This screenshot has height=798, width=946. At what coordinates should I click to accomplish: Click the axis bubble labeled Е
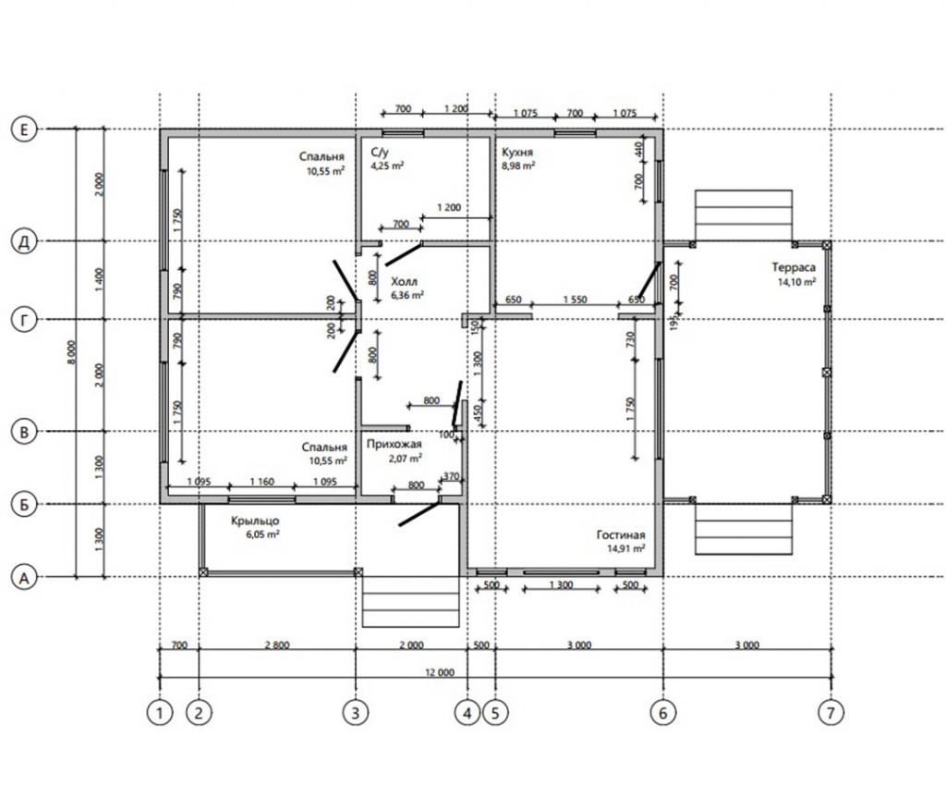[24, 129]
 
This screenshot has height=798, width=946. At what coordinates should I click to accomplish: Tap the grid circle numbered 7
[831, 713]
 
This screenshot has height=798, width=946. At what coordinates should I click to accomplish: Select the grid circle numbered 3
[356, 713]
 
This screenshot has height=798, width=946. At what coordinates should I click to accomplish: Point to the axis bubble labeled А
[24, 578]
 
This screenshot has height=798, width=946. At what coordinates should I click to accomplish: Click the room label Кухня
[517, 153]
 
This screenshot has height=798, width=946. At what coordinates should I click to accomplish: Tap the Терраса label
[794, 267]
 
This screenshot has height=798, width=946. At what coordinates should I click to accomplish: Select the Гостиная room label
[621, 534]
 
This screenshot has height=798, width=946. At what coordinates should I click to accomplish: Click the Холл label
[405, 281]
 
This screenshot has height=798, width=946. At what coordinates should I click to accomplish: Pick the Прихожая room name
[394, 444]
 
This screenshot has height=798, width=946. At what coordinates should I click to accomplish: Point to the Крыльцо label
[255, 521]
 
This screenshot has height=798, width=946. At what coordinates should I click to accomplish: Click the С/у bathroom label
[380, 153]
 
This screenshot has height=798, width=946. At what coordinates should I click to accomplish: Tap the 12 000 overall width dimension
[440, 672]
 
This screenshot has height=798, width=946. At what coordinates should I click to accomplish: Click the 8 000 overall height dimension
[72, 352]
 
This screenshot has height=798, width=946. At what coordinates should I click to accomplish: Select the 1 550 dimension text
[575, 300]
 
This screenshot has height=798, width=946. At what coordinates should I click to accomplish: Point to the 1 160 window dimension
[261, 482]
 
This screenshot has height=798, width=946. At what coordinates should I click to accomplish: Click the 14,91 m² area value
[626, 548]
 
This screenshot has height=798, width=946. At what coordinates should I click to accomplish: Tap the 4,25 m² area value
[387, 166]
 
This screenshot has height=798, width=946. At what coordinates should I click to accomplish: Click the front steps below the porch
[411, 602]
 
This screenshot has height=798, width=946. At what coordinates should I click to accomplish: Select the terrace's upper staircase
[744, 215]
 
